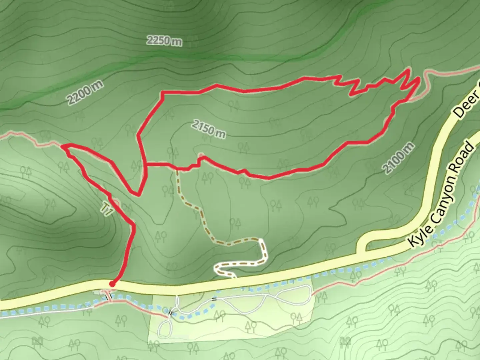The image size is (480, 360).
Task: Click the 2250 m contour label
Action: (164, 41)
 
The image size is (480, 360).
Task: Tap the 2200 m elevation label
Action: (85, 93)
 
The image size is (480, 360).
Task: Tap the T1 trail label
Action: (106, 209)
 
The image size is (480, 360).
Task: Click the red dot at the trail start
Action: (112, 284)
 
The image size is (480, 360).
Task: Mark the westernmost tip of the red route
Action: (62, 146)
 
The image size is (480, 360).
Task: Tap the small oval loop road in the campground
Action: (165, 328)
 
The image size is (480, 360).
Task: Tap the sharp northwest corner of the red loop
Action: (162, 92)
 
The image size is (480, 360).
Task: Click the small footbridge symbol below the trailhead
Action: (108, 295)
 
